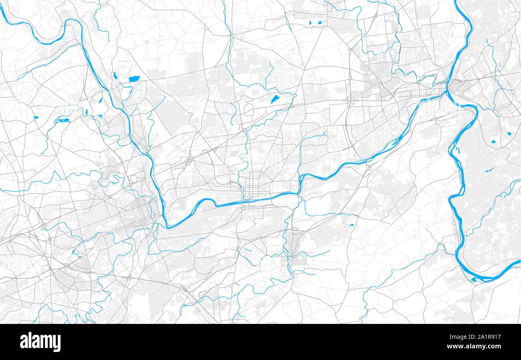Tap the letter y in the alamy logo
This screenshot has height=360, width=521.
(57, 343)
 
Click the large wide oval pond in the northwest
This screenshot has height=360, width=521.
(134, 79)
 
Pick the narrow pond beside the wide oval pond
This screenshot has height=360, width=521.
(115, 75)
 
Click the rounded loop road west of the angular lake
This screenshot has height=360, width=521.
(248, 108)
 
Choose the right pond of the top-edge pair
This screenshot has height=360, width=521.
(320, 22)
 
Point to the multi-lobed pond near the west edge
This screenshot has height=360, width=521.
(63, 120)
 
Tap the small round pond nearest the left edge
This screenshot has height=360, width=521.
(36, 117)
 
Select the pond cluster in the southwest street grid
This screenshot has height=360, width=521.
(75, 253)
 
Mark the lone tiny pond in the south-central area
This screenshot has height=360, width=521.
(351, 225)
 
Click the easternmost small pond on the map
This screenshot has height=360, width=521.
(509, 133)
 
